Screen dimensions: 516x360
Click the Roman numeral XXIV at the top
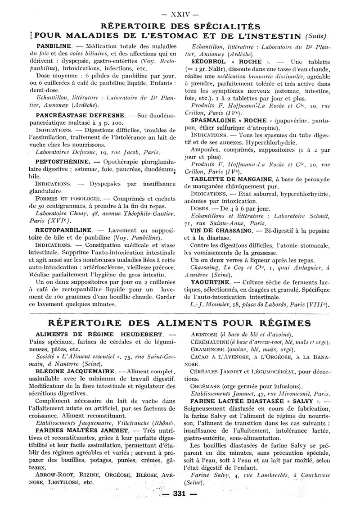point(179,14)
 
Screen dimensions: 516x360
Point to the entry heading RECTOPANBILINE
point(63,229)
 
